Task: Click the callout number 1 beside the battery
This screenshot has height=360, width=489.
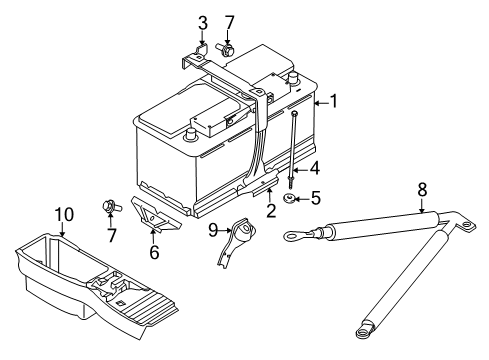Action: pos(333,101)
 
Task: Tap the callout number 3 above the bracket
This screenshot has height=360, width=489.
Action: pos(203,23)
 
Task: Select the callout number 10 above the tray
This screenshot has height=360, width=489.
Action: pos(64,215)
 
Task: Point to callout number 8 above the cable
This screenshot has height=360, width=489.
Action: pos(422,190)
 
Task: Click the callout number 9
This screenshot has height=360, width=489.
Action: pos(213,230)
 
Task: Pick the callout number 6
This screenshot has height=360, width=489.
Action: pos(154,252)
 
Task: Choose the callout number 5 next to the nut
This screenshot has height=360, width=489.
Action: pos(315,198)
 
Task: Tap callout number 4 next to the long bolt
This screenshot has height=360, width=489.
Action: pos(314,168)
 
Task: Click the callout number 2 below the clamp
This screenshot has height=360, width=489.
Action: pos(271,211)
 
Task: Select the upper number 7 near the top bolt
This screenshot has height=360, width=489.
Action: pos(229,23)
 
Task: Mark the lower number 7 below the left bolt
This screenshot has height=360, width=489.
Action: pos(112,235)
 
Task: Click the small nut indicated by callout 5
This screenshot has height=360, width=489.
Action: pos(289,199)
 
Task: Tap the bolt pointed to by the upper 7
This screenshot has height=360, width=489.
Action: pos(224,49)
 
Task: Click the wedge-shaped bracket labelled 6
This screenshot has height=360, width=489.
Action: pos(154,215)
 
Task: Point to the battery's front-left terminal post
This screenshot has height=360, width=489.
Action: pos(190,134)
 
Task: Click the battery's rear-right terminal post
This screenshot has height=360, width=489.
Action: pos(292,79)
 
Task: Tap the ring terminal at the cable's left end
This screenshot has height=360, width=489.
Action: pos(292,237)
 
